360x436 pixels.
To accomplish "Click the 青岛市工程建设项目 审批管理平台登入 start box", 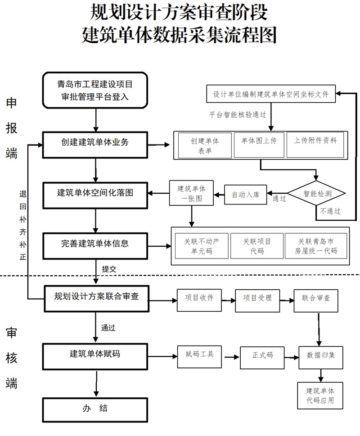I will pyautogui.click(x=95, y=90).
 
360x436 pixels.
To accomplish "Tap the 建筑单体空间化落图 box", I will pyautogui.click(x=95, y=194).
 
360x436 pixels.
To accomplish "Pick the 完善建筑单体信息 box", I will pyautogui.click(x=95, y=244).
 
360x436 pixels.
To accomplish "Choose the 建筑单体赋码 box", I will pyautogui.click(x=95, y=355).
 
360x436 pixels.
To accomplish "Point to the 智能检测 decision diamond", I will pyautogui.click(x=317, y=194).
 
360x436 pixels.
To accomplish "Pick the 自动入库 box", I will pyautogui.click(x=245, y=195).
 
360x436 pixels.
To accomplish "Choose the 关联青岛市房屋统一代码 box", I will pyautogui.click(x=315, y=246).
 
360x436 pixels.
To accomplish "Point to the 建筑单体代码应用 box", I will pyautogui.click(x=320, y=395).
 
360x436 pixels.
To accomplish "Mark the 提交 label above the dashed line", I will pyautogui.click(x=109, y=269).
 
